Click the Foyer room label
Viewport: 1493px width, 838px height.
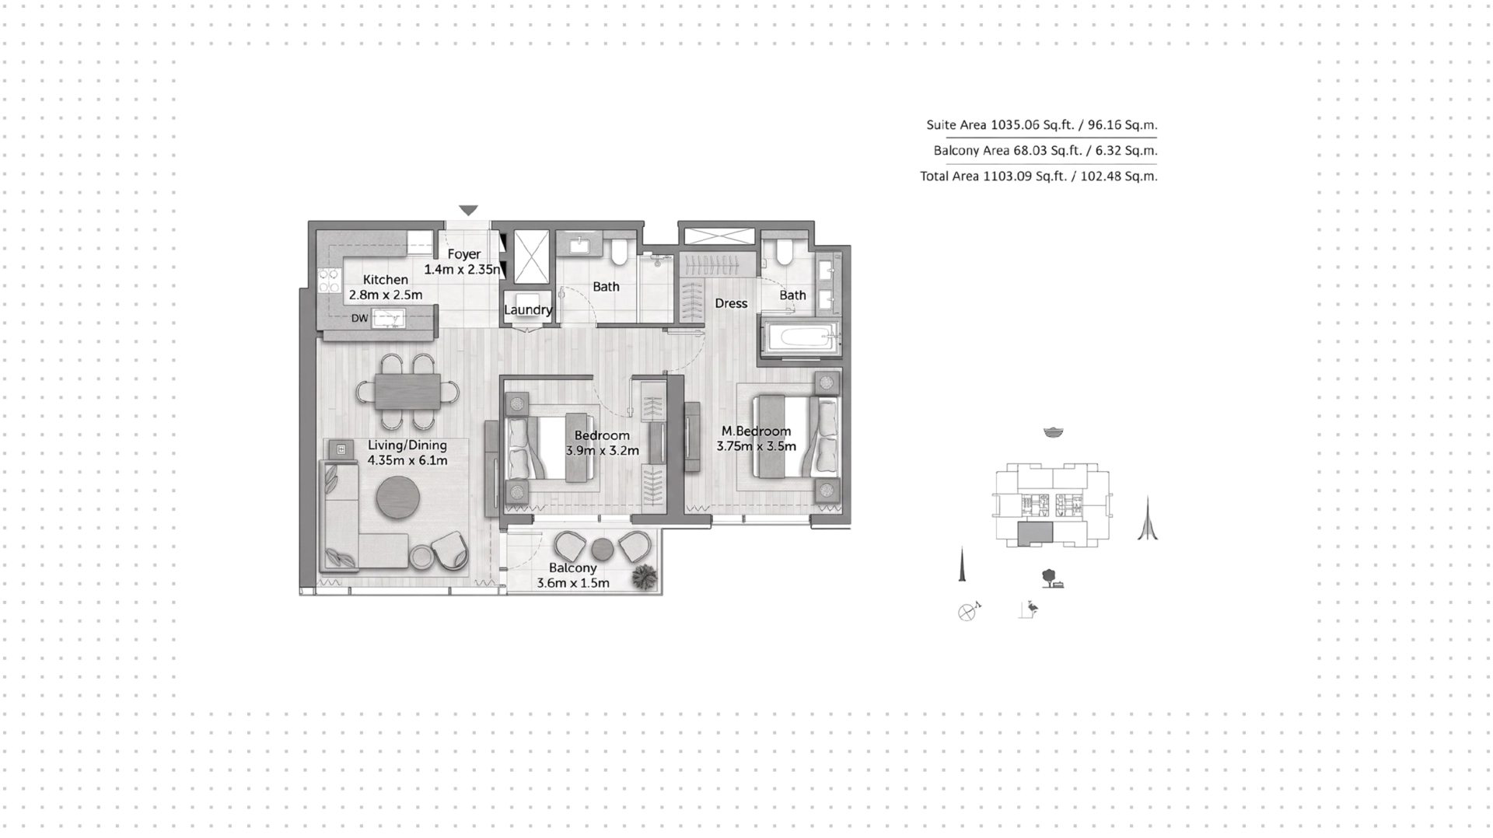coord(464,254)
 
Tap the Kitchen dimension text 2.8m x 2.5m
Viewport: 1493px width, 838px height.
coord(386,295)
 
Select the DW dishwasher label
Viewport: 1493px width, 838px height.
coord(359,318)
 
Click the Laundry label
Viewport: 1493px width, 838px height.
coord(528,309)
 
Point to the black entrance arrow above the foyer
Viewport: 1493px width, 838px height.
coord(468,210)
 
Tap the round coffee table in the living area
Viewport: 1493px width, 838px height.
coord(398,497)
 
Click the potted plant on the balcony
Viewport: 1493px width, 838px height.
coord(645,577)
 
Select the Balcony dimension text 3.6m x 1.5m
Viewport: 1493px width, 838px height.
coord(573,583)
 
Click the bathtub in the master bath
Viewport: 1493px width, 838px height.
coord(801,338)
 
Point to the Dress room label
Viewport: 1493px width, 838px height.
coord(731,303)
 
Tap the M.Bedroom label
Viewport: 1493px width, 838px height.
coord(756,431)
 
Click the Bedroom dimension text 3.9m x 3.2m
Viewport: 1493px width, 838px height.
coord(603,451)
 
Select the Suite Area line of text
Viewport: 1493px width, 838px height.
coord(1042,124)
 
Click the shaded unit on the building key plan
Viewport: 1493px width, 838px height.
coord(1036,532)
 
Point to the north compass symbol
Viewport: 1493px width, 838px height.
coord(968,611)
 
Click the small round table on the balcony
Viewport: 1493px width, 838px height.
coord(603,549)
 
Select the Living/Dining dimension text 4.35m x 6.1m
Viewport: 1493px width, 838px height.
coord(407,460)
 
